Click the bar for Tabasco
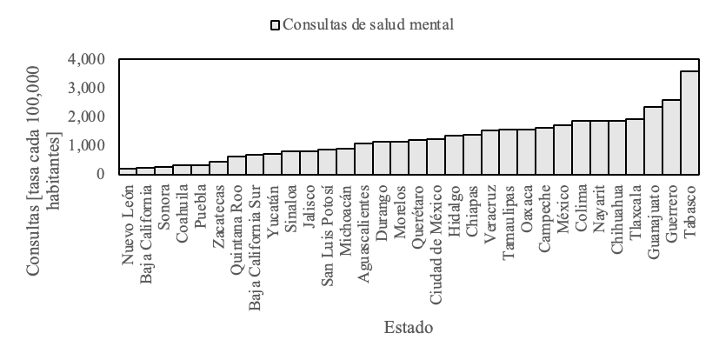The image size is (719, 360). click(689, 123)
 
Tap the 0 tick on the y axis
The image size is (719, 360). click(100, 174)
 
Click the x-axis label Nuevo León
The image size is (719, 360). click(128, 214)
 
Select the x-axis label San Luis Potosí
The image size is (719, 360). click(327, 226)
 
